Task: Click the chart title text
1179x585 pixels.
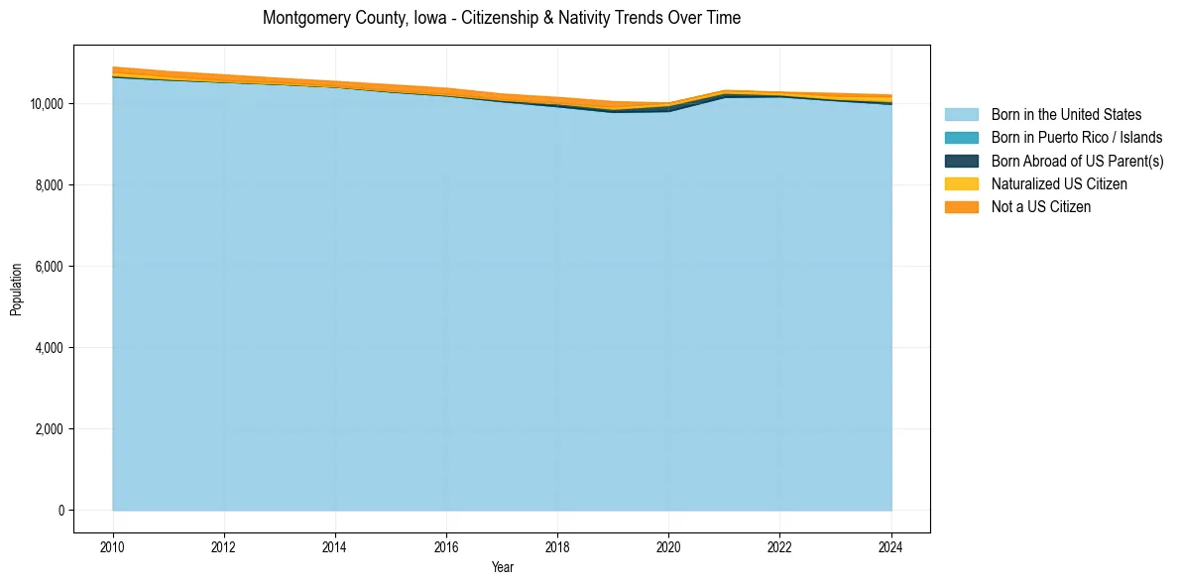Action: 501,18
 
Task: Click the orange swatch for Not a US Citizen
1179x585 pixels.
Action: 961,207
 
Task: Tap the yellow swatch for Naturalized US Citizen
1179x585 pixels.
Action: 961,184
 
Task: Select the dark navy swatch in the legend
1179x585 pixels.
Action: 961,161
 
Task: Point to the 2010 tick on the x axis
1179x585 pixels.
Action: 113,544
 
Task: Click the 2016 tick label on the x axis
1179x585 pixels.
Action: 446,544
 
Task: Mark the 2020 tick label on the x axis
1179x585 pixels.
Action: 668,544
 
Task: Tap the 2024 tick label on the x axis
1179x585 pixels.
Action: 891,544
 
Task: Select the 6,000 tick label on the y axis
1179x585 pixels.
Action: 49,267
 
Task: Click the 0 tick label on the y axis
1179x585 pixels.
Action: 60,511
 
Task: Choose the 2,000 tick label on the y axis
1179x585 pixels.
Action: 49,429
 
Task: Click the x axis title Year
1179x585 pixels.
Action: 502,567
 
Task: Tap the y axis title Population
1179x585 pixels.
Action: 16,290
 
